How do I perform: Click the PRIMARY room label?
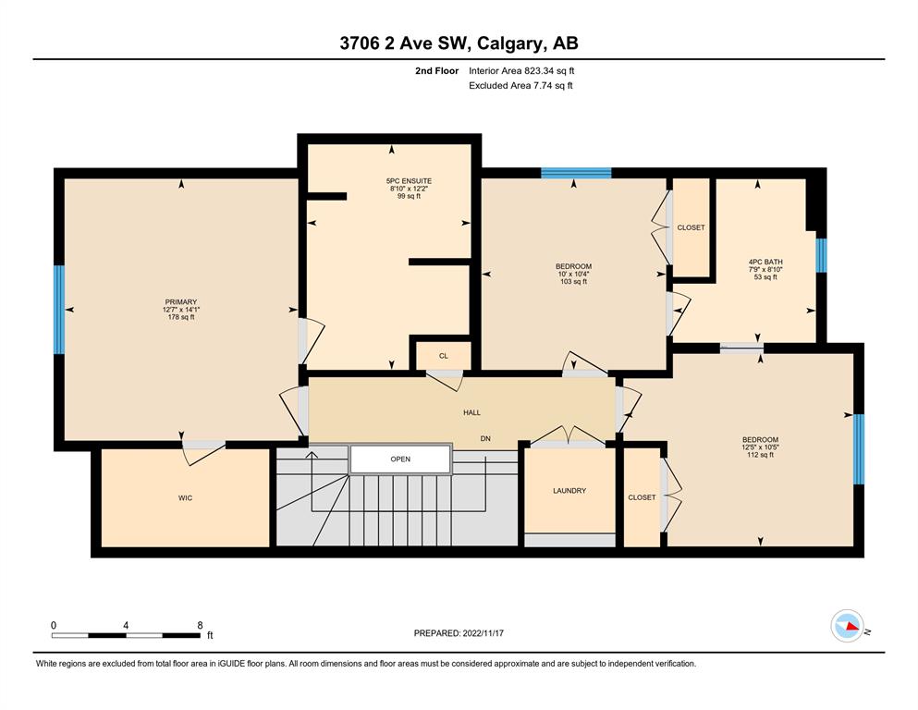coord(181,302)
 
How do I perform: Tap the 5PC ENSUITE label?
coord(409,181)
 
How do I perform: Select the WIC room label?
coord(185,498)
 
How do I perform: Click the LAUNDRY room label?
coord(569,491)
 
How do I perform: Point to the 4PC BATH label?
coord(765,263)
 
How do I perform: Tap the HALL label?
coord(471,412)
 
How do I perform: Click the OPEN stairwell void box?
coord(400,459)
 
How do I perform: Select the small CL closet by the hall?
coord(443,356)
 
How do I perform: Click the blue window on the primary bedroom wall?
coord(58,310)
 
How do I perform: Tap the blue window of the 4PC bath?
coord(822,255)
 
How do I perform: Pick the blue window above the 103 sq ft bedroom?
coord(576,173)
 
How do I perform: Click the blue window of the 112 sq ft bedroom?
coord(859,449)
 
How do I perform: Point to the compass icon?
coord(847,626)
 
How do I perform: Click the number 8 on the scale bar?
coord(200,625)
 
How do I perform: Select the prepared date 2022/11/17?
coord(483,633)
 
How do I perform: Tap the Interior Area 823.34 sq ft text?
coord(521,71)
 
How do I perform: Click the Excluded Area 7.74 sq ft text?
coord(520,85)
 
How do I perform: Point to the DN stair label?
coord(485,438)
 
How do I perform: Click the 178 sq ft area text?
coord(181,317)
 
